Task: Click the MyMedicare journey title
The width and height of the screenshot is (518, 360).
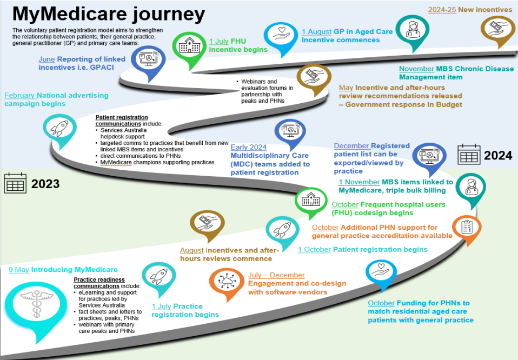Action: [108, 13]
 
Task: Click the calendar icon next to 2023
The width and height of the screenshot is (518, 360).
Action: [15, 183]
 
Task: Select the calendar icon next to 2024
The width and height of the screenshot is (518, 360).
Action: [469, 155]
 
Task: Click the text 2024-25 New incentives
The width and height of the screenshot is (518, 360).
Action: [469, 10]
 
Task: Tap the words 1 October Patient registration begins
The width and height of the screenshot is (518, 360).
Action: [362, 249]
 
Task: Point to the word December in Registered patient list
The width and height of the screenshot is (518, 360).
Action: [351, 146]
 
